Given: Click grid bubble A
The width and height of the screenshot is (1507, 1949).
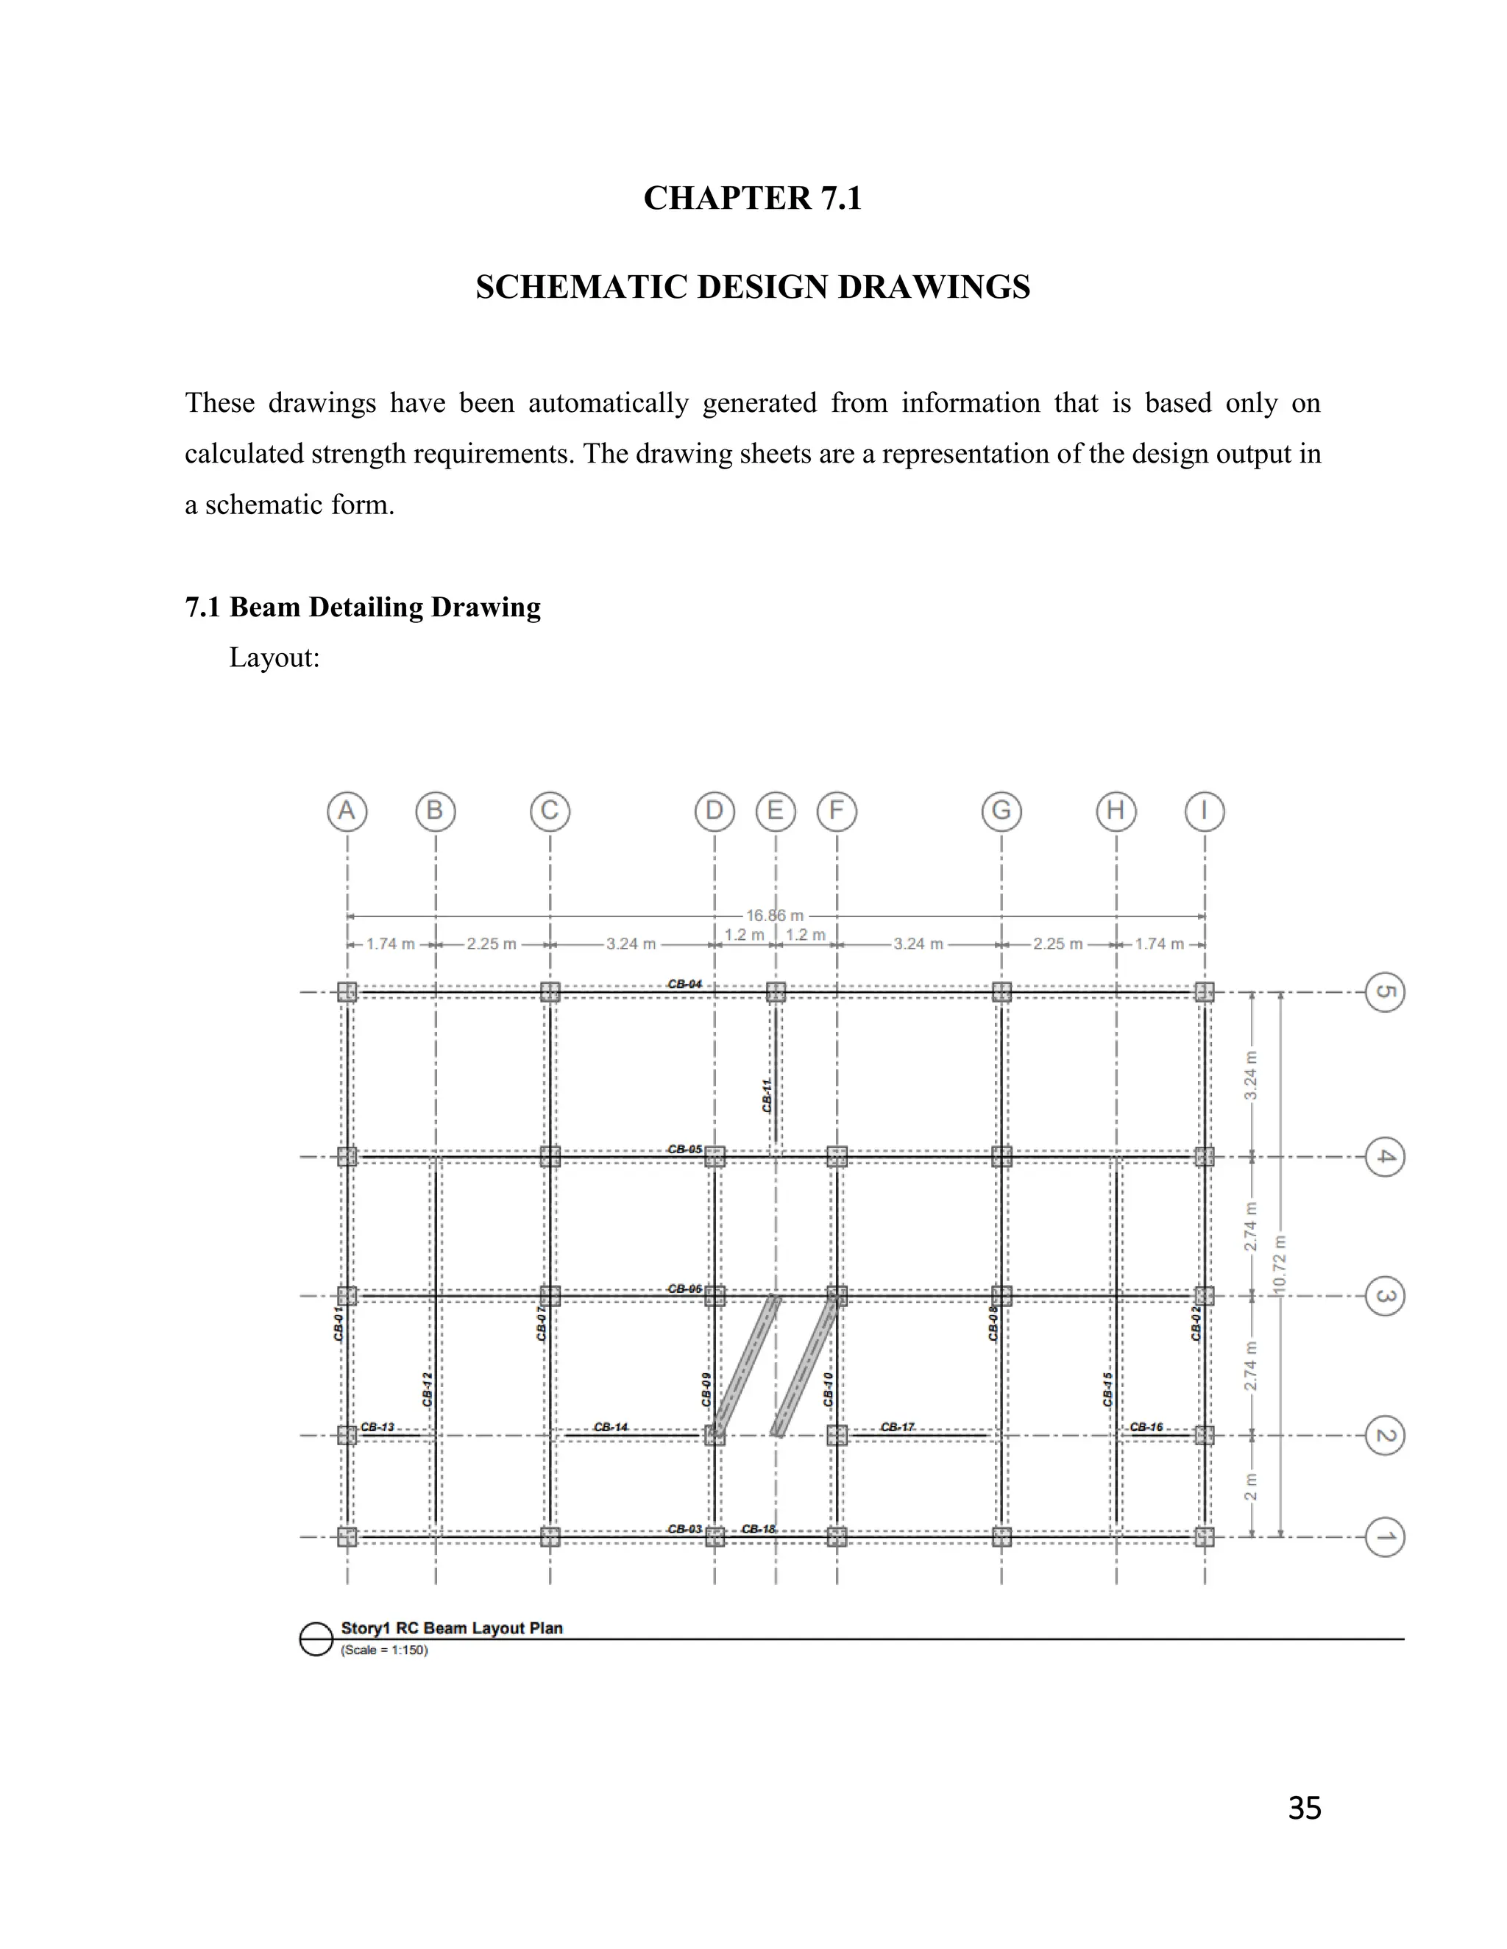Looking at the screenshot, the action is (x=347, y=811).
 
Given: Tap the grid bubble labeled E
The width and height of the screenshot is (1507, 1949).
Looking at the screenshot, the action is (x=775, y=811).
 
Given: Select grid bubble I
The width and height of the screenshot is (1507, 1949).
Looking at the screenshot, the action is (x=1205, y=811).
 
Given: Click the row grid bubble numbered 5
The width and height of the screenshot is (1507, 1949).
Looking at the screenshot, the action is (x=1385, y=992).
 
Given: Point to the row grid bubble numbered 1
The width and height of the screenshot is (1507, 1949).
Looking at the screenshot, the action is (x=1385, y=1536).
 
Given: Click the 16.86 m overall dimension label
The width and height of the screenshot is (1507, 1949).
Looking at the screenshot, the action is (x=775, y=916).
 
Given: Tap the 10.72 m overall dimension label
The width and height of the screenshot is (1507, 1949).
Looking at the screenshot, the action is (x=1280, y=1264).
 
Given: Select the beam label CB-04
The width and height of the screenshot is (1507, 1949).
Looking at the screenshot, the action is (x=685, y=983).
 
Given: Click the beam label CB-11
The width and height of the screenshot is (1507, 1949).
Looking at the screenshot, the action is (x=767, y=1095).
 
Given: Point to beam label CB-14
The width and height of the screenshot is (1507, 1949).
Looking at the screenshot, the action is (x=611, y=1427).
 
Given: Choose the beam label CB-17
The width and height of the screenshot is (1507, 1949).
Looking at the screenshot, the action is (x=897, y=1427).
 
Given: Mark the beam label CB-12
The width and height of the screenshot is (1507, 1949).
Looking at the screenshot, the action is (x=428, y=1389).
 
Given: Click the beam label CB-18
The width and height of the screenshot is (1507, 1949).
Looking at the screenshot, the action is (x=759, y=1529).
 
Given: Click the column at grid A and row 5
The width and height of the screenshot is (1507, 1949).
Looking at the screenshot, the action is (x=347, y=992).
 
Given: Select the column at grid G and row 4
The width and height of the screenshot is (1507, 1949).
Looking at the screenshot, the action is (x=1001, y=1157).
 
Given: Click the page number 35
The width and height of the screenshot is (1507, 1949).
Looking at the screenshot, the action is (x=1305, y=1808).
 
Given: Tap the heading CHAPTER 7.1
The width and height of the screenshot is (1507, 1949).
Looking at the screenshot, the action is (x=753, y=198).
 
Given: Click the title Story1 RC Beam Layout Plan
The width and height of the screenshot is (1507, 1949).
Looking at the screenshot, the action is (x=452, y=1628).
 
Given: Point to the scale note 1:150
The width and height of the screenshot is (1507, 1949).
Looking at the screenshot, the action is (x=385, y=1650).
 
